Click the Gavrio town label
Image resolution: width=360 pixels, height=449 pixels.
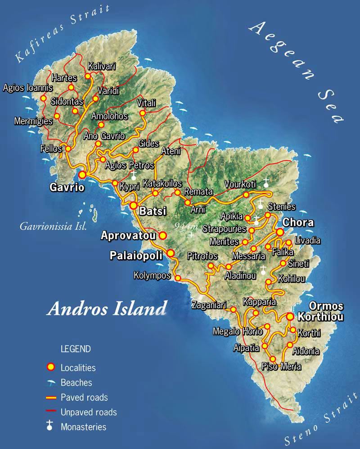pyautogui.click(x=67, y=188)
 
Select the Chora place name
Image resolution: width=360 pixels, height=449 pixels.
pyautogui.click(x=298, y=223)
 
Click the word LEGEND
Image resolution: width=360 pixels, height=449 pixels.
pyautogui.click(x=76, y=349)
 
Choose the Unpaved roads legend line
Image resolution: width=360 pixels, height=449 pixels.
pyautogui.click(x=52, y=412)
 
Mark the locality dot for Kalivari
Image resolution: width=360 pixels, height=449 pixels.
pyautogui.click(x=88, y=76)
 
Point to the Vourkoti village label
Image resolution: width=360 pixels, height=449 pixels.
pyautogui.click(x=240, y=184)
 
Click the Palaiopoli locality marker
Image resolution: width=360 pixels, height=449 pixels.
pyautogui.click(x=171, y=254)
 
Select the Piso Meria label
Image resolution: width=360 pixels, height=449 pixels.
pyautogui.click(x=281, y=367)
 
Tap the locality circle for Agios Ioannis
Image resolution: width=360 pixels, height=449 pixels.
pyautogui.click(x=44, y=98)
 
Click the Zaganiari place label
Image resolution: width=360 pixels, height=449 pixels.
pyautogui.click(x=208, y=305)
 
